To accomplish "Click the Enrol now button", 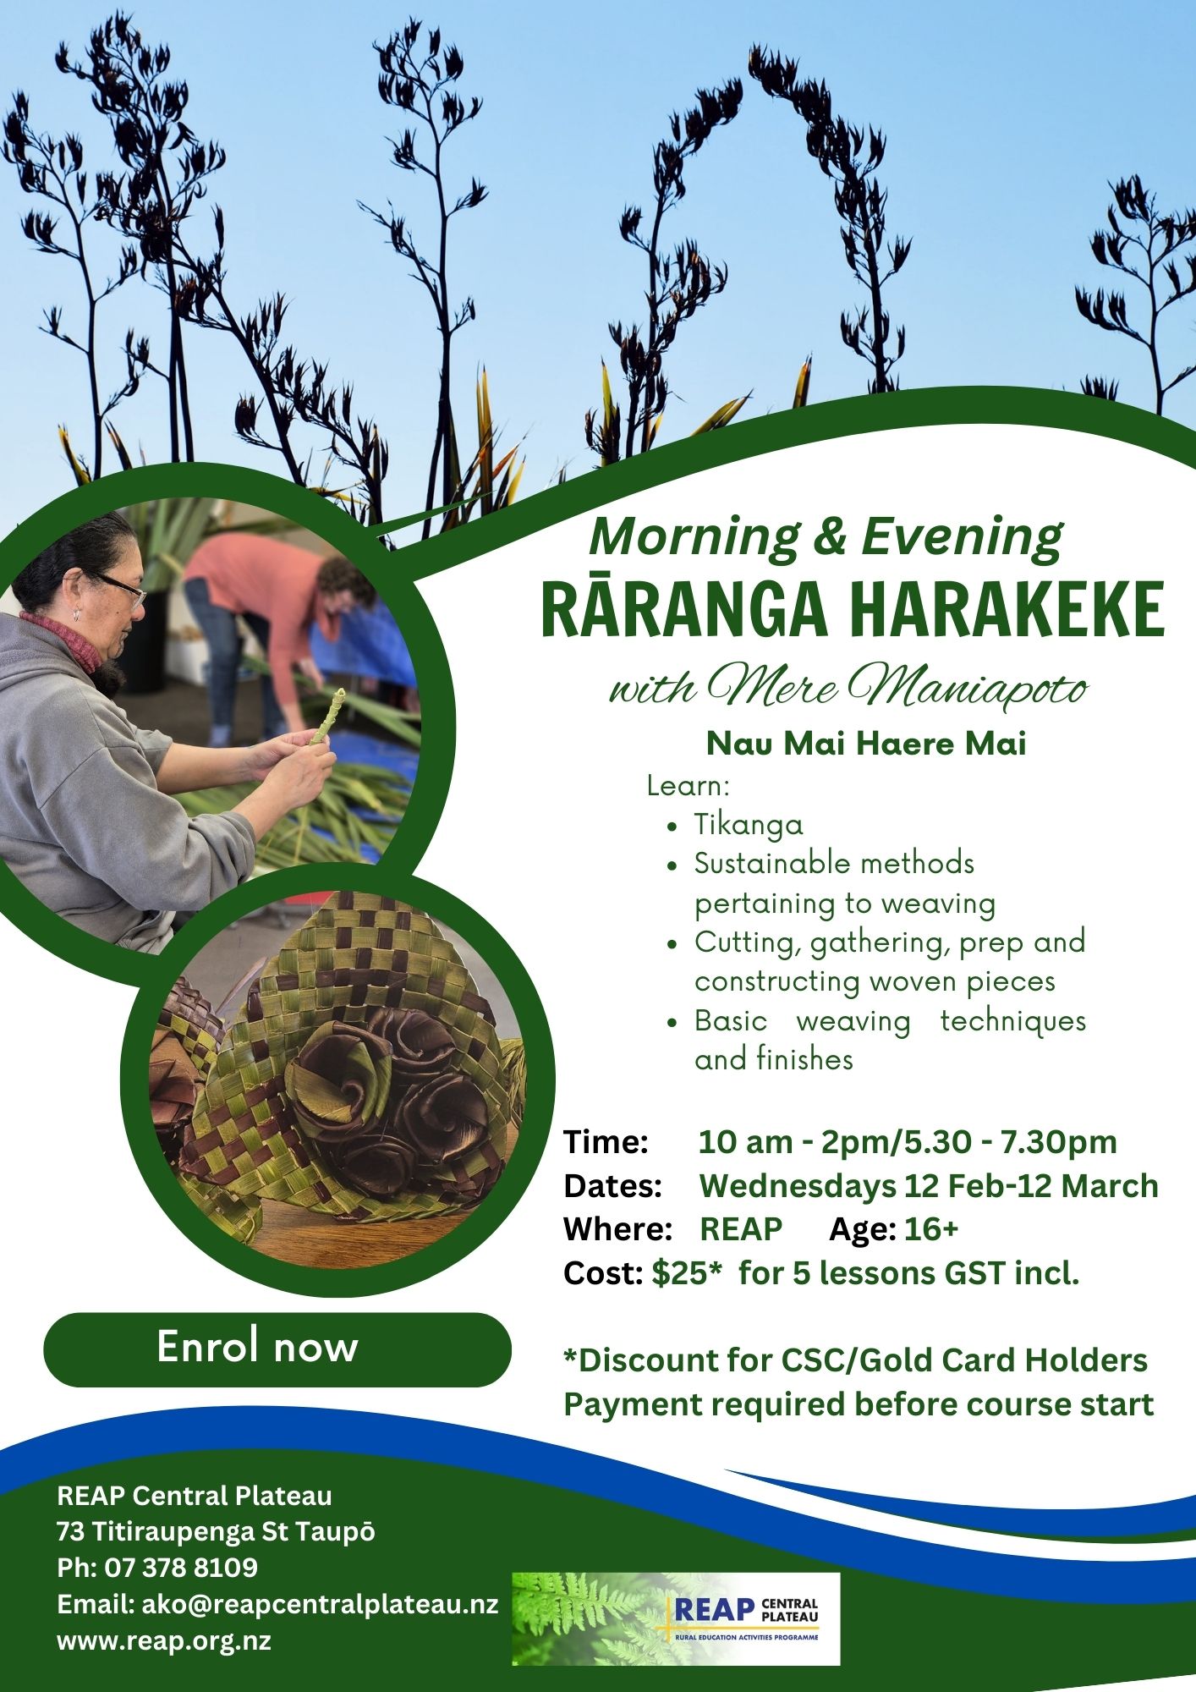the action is (277, 1349).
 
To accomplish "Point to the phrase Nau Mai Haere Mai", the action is (866, 744).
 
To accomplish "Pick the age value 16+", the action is (931, 1229).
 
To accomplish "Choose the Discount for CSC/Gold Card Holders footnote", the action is (856, 1360).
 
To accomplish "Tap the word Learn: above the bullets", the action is (688, 786).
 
